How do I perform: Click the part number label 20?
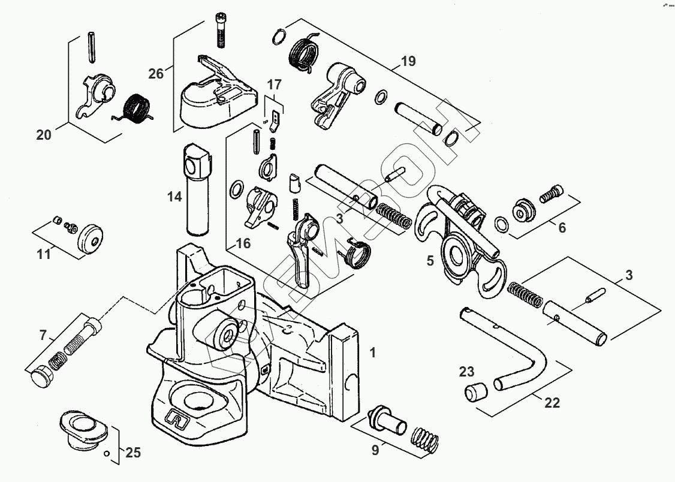point(44,135)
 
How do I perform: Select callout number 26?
point(156,74)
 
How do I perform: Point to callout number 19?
point(408,61)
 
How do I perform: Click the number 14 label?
point(174,196)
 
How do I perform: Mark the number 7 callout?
point(43,335)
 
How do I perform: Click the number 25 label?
point(133,453)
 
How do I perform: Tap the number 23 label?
point(467,371)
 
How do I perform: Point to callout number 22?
point(552,403)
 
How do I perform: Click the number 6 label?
point(562,228)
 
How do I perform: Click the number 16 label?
point(243,243)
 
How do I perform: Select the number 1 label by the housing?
point(372,353)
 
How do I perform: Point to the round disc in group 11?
point(92,239)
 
